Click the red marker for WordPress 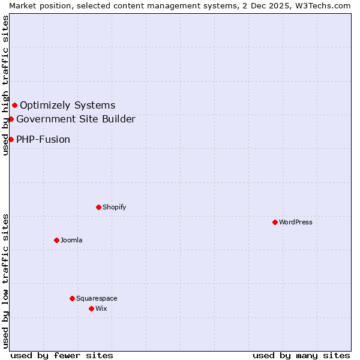275,222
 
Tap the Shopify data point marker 98,207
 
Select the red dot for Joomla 56,240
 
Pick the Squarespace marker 72,298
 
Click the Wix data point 91,308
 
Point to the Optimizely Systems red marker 14,106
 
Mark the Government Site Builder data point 11,119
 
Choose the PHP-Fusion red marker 11,140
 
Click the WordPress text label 296,222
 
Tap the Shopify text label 114,207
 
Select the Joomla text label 71,240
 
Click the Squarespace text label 97,298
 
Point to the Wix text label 101,308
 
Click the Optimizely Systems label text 68,106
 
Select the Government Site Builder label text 76,119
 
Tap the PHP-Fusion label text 43,140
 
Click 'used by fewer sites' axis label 62,355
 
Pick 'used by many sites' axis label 301,355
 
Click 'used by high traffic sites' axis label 5,85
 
